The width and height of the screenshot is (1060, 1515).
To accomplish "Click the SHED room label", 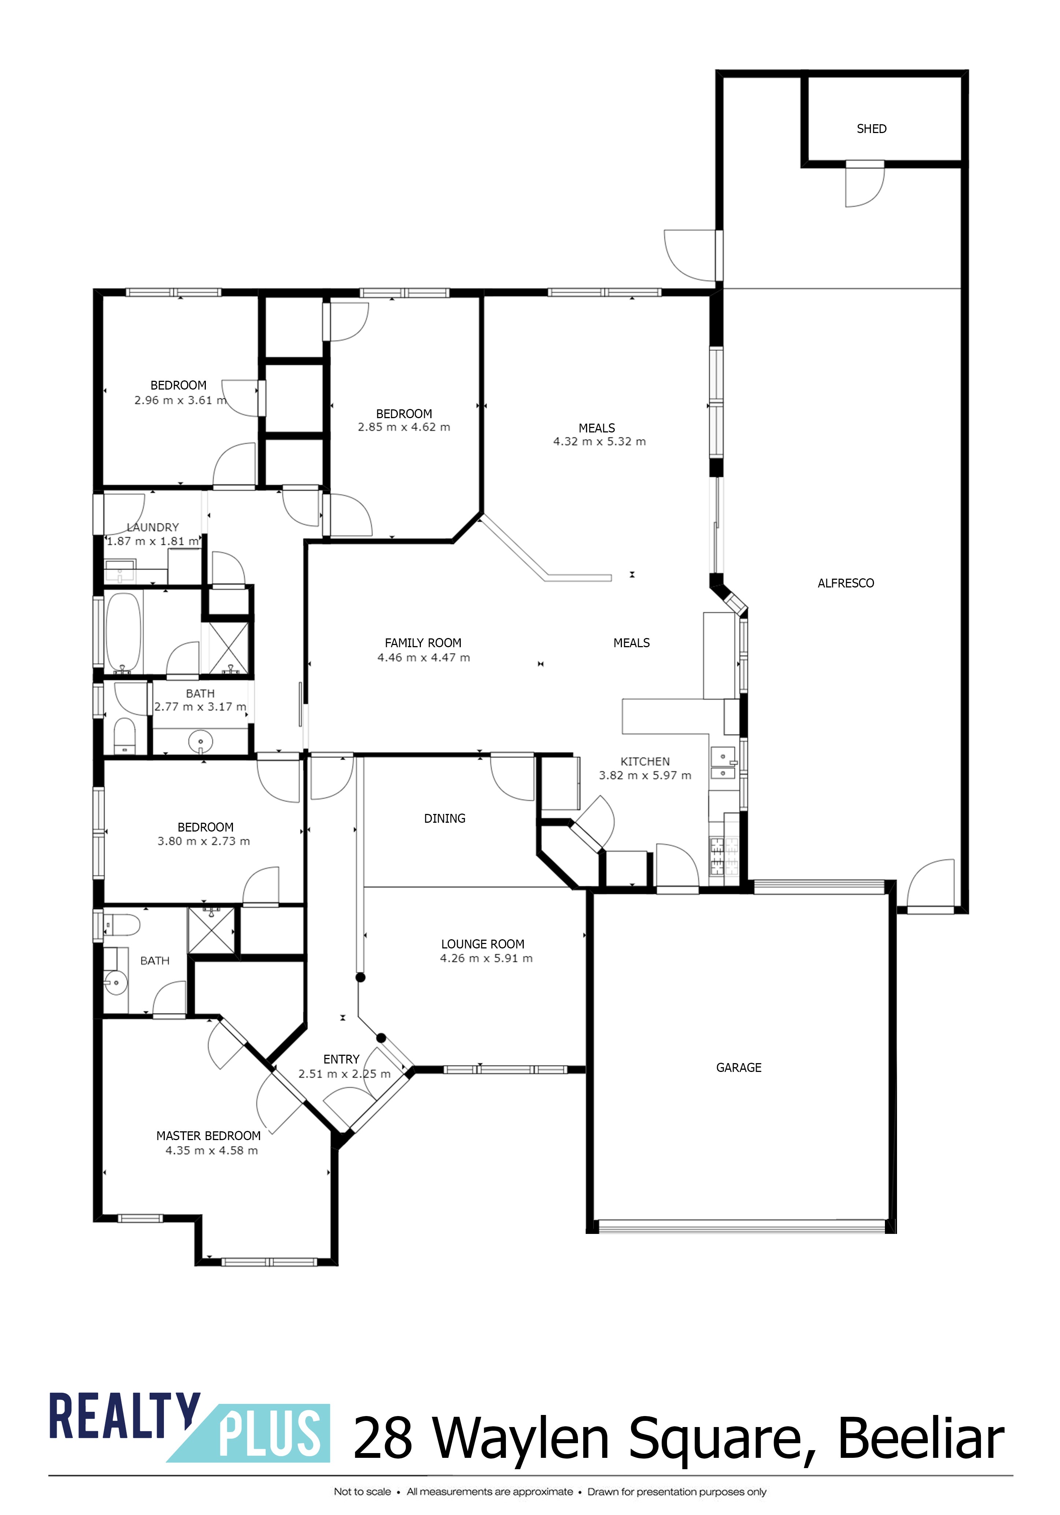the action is pos(871,129).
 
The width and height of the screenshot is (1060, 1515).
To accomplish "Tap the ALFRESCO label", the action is pos(846,583).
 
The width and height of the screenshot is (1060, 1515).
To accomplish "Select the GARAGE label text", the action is pos(739,1068).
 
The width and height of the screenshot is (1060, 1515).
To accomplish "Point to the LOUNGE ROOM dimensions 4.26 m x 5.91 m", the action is pos(486,958).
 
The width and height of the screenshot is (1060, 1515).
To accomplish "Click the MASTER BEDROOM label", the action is pos(208,1136).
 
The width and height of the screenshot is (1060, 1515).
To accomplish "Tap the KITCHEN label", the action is pos(645,762).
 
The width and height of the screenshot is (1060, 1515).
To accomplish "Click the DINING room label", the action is pos(445,818).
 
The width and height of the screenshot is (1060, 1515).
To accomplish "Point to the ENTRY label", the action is pos(341,1059).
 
